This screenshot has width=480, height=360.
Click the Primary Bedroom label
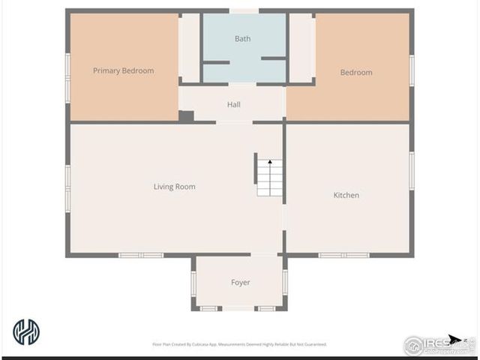123,70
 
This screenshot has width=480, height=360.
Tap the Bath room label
242,38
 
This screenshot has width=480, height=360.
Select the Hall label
233,104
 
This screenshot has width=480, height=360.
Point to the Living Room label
174,187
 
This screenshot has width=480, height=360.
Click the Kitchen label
346,195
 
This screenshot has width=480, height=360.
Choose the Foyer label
240,282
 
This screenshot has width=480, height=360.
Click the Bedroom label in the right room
355,72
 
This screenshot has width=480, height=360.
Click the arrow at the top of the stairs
269,161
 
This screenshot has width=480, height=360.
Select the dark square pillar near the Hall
186,116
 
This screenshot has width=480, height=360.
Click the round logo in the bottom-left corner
26,331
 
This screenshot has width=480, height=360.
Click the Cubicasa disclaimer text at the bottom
239,344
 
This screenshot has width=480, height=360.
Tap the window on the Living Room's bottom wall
141,255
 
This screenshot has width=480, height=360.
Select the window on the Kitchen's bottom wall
343,255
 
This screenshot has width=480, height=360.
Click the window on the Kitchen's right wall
412,171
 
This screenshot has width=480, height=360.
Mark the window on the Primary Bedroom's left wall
67,77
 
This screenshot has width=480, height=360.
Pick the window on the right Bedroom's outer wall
412,70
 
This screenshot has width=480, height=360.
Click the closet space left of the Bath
190,47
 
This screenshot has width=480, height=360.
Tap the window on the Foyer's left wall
193,283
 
